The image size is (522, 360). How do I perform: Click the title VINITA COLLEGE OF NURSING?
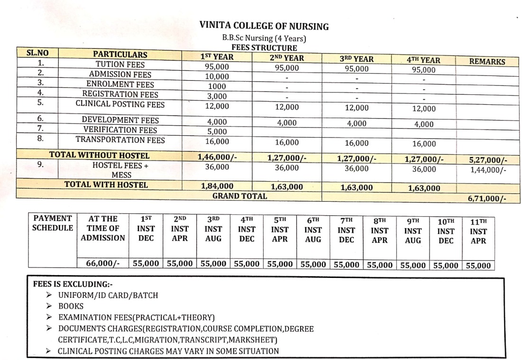point(264,26)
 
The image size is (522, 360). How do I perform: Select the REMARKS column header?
point(487,61)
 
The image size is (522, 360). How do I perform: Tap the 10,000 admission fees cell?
point(216,76)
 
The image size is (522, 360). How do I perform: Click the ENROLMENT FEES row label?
point(120,84)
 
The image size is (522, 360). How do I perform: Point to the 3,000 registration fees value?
point(216,96)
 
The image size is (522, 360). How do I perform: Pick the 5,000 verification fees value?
point(216,131)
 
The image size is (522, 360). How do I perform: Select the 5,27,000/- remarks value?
point(487,160)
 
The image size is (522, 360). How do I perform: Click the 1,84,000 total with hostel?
point(217,186)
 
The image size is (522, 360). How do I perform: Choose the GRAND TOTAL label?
point(239,195)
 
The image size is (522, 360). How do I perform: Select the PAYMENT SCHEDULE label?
point(52,223)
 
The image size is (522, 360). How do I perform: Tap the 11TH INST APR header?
point(478,231)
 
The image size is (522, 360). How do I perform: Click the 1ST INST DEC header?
point(146,228)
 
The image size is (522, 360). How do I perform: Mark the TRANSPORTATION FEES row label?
point(120,140)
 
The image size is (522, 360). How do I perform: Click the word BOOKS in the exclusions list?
point(71,306)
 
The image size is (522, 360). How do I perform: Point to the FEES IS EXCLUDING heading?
point(72,284)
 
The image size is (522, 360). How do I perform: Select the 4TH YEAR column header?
point(423,60)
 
